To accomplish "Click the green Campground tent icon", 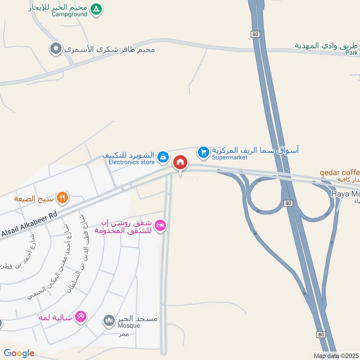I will (96, 9).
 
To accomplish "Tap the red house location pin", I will (180, 162).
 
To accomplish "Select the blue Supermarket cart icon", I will (204, 153).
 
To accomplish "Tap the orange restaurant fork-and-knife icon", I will (63, 197).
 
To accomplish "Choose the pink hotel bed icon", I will (160, 225).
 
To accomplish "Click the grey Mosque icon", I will (109, 320).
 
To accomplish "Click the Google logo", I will (19, 353).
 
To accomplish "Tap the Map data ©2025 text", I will (335, 355).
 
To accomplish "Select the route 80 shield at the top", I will (255, 34).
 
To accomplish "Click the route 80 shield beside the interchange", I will (288, 203).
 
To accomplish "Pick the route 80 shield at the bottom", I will (320, 334).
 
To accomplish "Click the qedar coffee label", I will (340, 172).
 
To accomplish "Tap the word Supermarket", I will (227, 157).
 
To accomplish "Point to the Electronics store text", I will (128, 162).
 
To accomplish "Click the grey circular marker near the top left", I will (56, 49).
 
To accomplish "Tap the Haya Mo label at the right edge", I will (346, 194).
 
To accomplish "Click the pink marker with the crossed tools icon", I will (81, 317).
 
